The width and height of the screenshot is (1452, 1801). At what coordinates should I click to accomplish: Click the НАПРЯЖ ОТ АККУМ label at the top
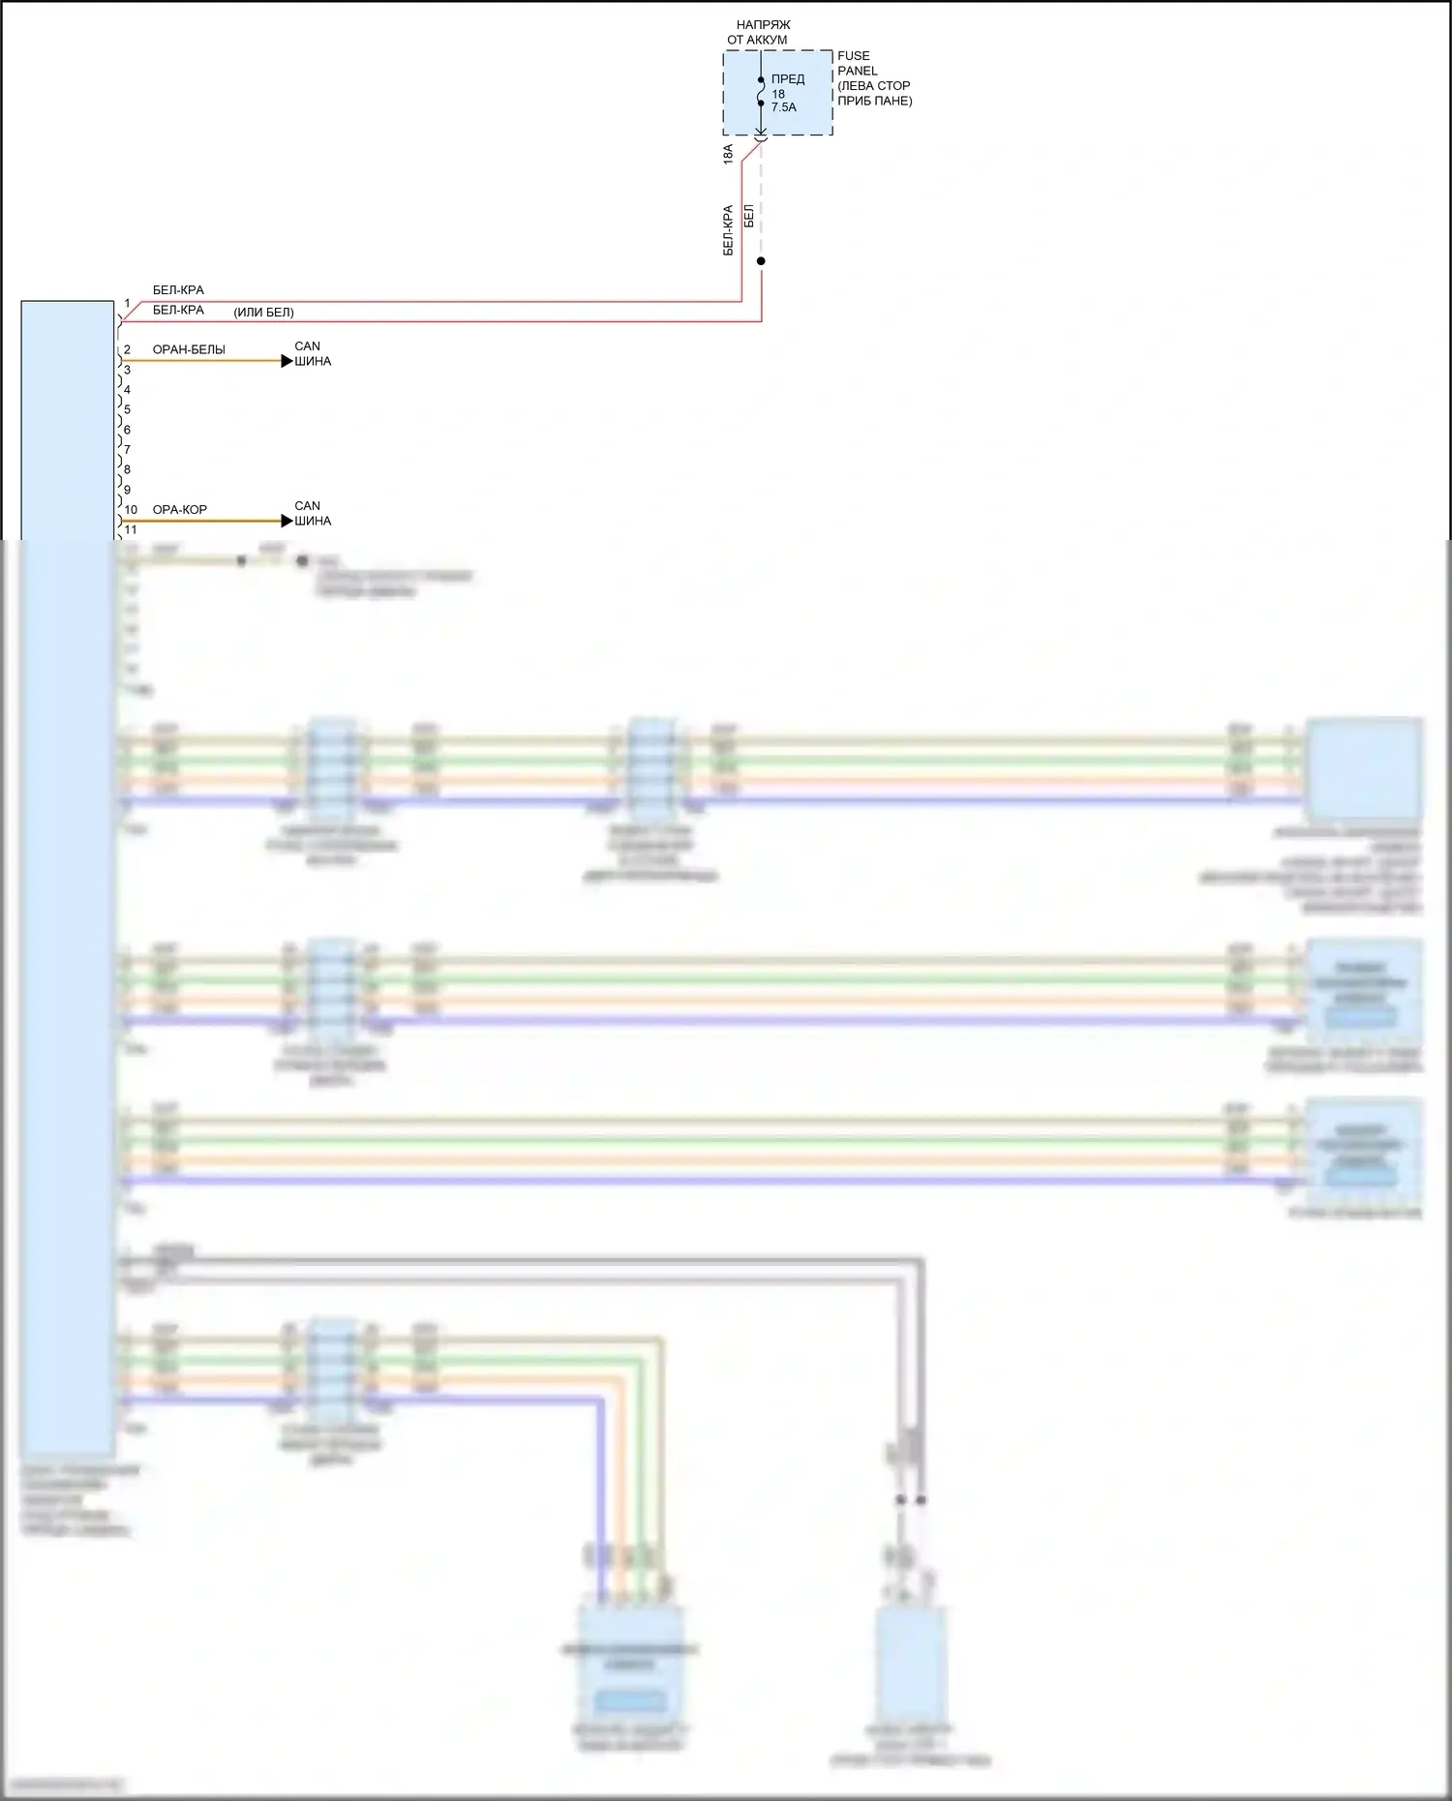point(759,32)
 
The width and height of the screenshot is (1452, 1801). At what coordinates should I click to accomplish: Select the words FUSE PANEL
point(857,63)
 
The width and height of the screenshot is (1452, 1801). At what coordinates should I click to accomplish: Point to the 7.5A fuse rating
point(784,107)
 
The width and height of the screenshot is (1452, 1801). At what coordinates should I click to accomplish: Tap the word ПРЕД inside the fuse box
point(788,79)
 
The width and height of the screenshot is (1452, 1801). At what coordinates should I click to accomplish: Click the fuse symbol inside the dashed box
point(761,91)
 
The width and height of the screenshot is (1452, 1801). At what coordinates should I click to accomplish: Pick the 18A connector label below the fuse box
point(728,154)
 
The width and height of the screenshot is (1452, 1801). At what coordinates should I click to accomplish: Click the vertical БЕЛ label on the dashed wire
point(748,216)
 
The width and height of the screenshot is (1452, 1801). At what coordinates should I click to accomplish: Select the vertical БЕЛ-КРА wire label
point(728,230)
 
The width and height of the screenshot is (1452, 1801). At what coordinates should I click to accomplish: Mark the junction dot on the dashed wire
point(761,261)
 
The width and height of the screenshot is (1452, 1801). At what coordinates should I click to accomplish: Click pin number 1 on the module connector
point(127,304)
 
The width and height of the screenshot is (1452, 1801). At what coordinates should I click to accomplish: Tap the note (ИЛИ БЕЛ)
point(263,313)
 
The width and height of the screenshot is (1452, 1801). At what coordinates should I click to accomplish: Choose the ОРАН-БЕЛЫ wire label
point(189,349)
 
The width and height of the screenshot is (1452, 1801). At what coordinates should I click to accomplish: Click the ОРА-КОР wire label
point(180,509)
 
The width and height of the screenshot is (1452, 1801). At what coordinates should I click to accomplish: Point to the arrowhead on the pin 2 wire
point(287,361)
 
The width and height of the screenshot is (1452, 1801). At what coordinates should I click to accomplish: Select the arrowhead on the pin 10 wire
point(287,521)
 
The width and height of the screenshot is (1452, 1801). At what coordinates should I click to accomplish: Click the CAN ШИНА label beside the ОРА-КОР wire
point(313,513)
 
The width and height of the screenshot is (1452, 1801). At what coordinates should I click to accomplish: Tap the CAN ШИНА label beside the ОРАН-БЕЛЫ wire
point(313,353)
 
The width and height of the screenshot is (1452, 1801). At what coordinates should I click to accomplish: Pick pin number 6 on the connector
point(127,430)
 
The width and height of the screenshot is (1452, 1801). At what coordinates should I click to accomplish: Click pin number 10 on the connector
point(131,509)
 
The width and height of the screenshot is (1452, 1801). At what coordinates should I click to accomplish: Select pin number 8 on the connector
point(127,469)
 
